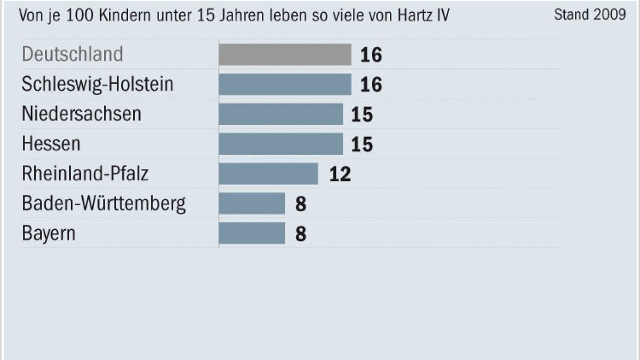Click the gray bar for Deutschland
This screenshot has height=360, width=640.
pos(285,54)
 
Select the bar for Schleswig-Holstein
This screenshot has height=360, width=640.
pos(285,84)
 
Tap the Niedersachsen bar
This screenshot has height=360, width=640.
pos(281,114)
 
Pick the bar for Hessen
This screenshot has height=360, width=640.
pos(281,144)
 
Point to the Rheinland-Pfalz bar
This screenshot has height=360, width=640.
pos(268,174)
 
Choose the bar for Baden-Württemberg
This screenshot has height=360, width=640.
pos(252,204)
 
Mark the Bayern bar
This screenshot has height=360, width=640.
pos(252,233)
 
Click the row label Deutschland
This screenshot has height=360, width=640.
pos(73,54)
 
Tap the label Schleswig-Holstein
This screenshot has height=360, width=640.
pos(98,84)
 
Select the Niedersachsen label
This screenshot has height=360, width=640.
pos(82,114)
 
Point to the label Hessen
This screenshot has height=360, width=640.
pos(51,144)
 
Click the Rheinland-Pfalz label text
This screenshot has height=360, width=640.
pos(85,174)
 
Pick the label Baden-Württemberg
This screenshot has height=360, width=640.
pos(104,204)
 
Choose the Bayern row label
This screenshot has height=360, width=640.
pos(49,234)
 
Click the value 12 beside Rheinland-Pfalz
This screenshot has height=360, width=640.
pos(340,174)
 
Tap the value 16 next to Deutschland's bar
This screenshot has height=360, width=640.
pos(371,55)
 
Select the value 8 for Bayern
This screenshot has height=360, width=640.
pos(301,234)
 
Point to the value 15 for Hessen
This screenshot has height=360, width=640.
pos(362,145)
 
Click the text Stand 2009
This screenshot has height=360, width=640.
pos(590,14)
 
